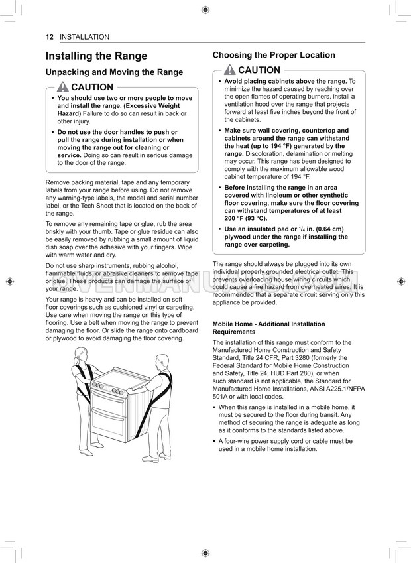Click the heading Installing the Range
[x=96, y=56]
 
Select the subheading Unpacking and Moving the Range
[x=114, y=72]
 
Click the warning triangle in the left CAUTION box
[x=63, y=87]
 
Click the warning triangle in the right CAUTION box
[x=230, y=70]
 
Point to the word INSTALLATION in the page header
[x=84, y=37]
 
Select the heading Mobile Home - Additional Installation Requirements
[x=259, y=328]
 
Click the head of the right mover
[x=162, y=361]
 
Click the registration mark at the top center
[x=206, y=9]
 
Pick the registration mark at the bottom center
[x=206, y=552]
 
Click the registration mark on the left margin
[x=9, y=281]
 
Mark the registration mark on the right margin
[x=402, y=281]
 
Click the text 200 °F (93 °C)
[x=247, y=218]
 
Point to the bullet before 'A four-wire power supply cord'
[x=215, y=441]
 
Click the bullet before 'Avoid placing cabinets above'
[x=220, y=81]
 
